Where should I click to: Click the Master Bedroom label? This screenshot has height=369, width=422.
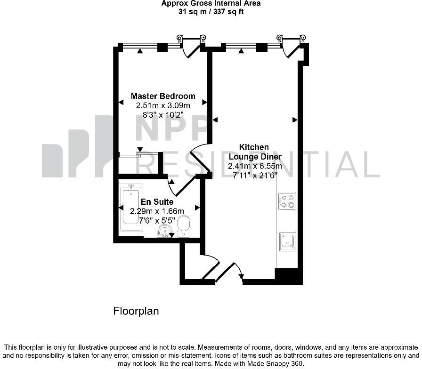[163, 96]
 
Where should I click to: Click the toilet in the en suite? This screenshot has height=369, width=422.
[184, 225]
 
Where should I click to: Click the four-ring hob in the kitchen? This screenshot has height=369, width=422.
[286, 201]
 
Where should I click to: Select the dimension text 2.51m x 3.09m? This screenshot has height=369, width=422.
[163, 105]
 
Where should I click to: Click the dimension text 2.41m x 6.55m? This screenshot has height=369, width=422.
[255, 166]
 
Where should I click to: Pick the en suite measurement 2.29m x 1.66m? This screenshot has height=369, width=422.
[160, 211]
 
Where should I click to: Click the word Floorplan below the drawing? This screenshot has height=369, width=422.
[136, 311]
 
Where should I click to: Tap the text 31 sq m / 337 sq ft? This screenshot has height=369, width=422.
[211, 11]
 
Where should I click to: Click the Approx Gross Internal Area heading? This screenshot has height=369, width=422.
[211, 3]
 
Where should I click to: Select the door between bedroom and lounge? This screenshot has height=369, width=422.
[200, 161]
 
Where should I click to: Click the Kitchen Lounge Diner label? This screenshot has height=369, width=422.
[255, 152]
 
